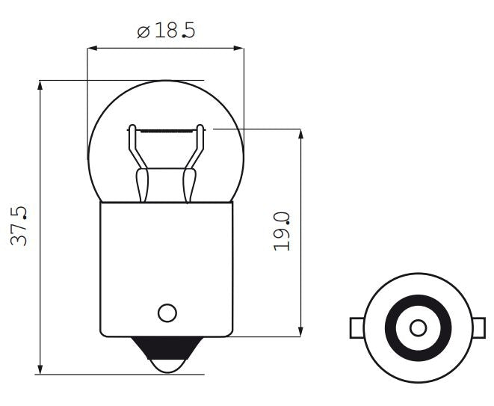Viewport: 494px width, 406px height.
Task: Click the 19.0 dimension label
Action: (x=282, y=231)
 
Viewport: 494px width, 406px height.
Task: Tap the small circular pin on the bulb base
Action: (x=167, y=312)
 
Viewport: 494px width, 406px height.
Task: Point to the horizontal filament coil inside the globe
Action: (x=167, y=130)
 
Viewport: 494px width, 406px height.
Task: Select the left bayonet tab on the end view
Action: (x=356, y=327)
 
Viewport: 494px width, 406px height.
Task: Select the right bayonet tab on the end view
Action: (x=479, y=327)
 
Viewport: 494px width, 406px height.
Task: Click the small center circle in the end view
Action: (x=419, y=327)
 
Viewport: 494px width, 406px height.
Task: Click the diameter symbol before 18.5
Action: (x=144, y=32)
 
